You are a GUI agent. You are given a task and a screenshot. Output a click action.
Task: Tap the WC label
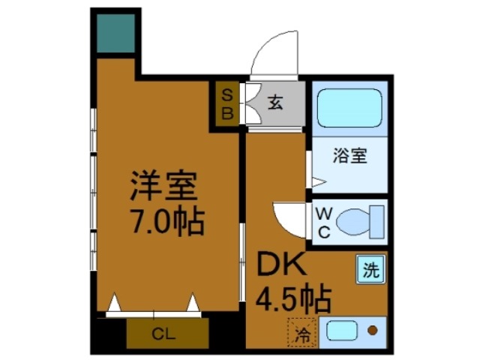point(324,223)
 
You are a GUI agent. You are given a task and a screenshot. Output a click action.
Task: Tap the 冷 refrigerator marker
point(301,331)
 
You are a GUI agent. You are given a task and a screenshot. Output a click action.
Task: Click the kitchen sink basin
point(341,331)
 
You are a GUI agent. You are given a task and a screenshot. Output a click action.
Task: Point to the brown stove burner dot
point(373,331)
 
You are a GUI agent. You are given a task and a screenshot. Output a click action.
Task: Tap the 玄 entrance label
point(275,104)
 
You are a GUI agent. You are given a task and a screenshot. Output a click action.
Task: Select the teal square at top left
point(115,34)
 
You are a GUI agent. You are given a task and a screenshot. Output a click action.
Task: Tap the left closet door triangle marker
point(113,303)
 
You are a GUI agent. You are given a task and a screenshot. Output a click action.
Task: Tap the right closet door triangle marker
point(193,303)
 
